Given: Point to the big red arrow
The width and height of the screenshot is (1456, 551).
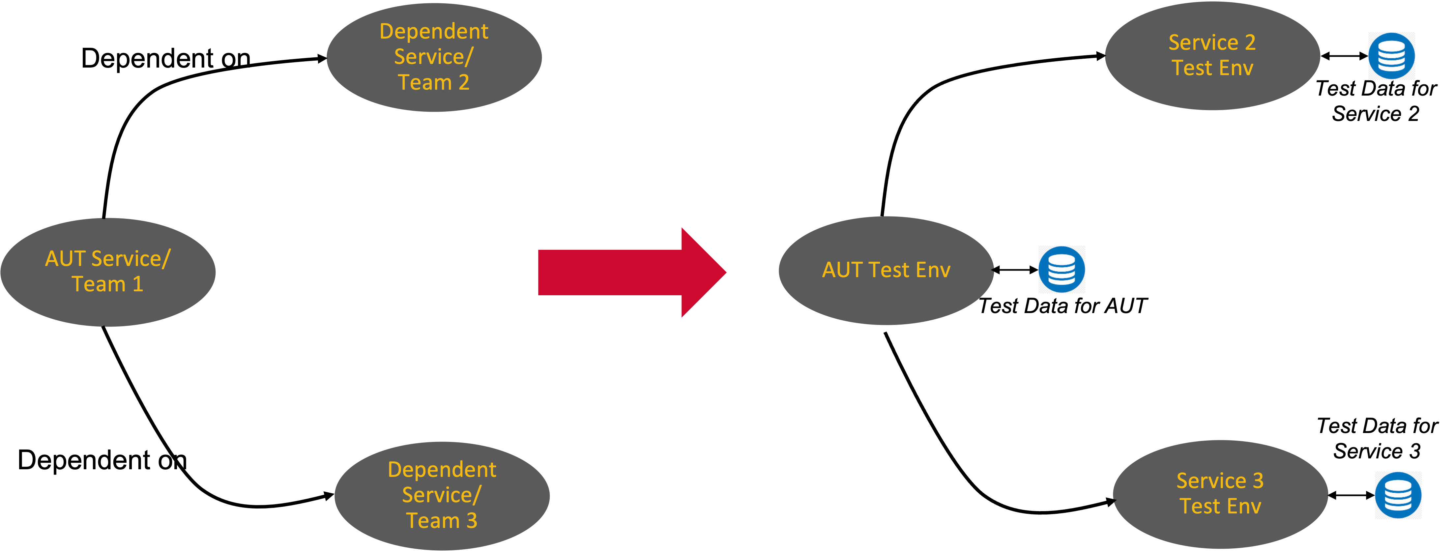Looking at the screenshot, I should pos(610,272).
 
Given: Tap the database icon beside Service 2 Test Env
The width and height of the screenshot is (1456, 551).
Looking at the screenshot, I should pos(1391,56).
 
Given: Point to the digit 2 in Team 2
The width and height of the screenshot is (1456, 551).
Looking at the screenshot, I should pos(463,82).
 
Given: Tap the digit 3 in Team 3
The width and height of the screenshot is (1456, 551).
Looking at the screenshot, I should pos(471,520).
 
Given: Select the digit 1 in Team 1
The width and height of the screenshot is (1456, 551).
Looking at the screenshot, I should pos(137,284).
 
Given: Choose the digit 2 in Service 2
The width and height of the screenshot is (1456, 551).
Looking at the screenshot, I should pos(1250,43).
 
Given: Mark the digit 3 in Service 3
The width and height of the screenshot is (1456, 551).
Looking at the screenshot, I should pos(1258,480).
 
